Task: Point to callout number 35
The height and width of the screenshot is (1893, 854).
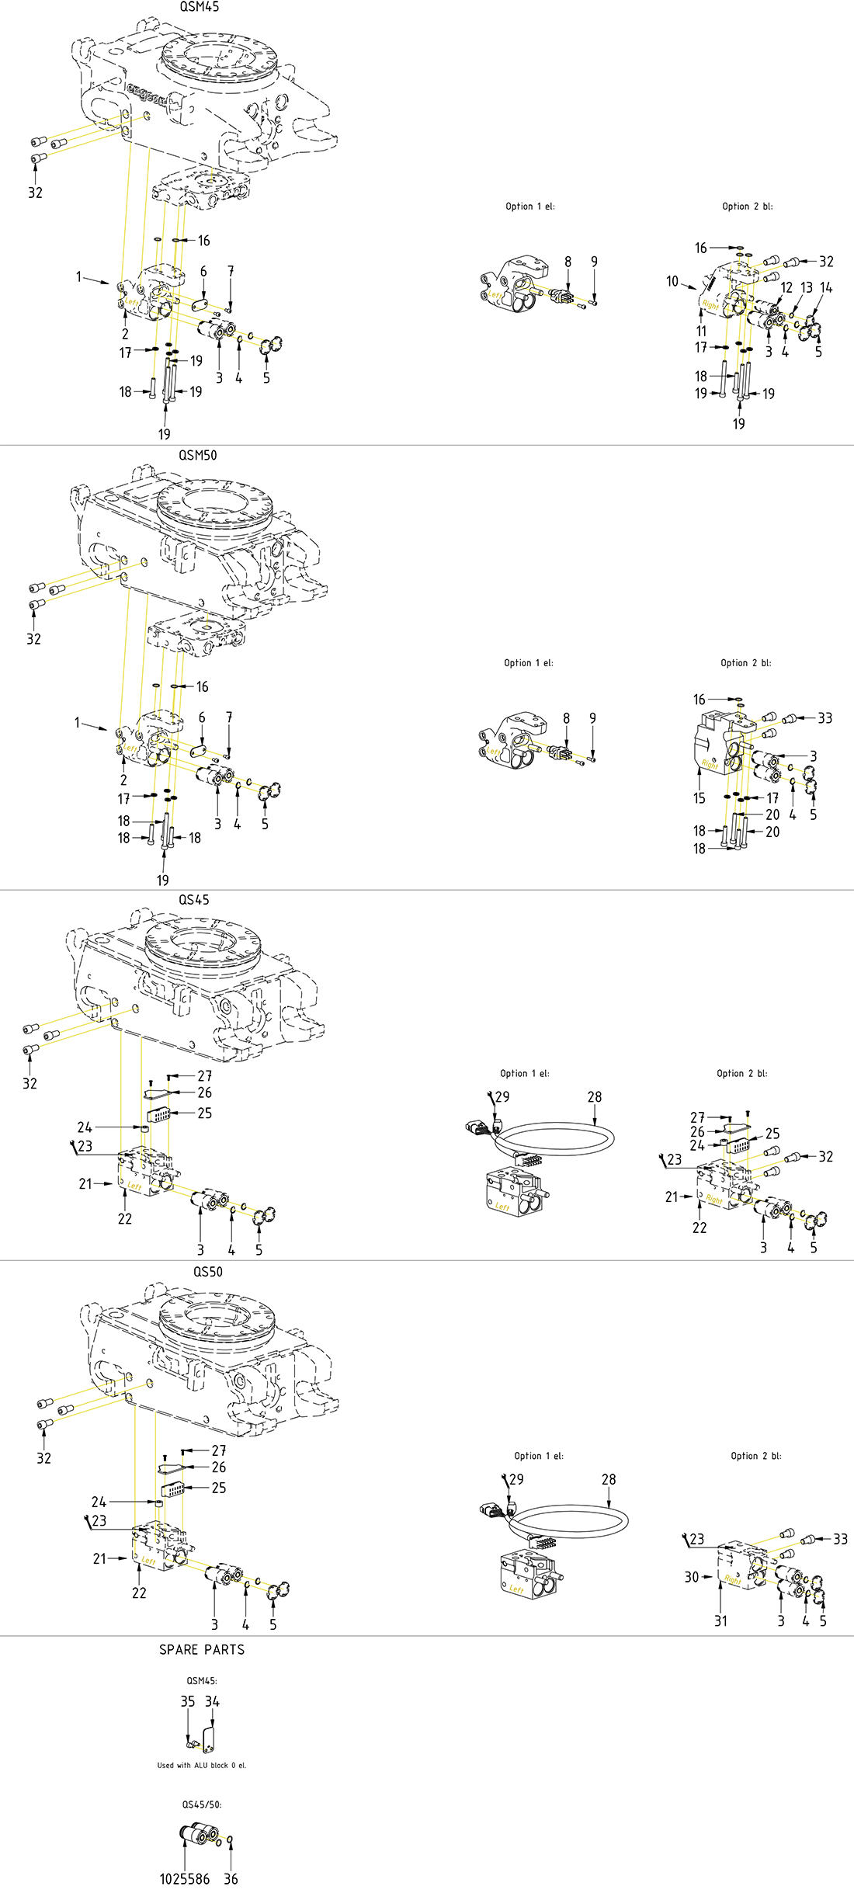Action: coord(188,1701)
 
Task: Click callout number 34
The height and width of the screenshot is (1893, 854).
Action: coord(212,1701)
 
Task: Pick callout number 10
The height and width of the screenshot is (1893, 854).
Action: coord(672,281)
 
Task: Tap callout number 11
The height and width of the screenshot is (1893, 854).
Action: coord(701,331)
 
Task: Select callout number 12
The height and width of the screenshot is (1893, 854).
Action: coord(786,287)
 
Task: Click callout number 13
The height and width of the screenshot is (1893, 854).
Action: coord(807,287)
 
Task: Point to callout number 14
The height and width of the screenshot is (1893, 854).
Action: coord(826,287)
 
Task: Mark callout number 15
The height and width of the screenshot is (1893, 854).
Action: coord(700,798)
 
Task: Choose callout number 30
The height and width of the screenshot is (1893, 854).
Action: coord(692,1577)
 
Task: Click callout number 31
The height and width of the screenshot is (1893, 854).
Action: coord(721,1620)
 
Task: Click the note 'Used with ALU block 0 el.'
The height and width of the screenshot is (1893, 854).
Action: coord(202,1766)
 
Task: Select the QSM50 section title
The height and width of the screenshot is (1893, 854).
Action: coord(198,455)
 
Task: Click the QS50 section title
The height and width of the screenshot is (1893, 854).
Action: coord(208,1272)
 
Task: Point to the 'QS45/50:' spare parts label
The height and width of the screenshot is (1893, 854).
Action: coord(202,1804)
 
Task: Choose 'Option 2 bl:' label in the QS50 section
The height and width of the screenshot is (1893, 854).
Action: coord(756,1456)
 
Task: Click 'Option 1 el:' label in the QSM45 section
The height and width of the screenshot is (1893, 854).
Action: coord(530,207)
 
